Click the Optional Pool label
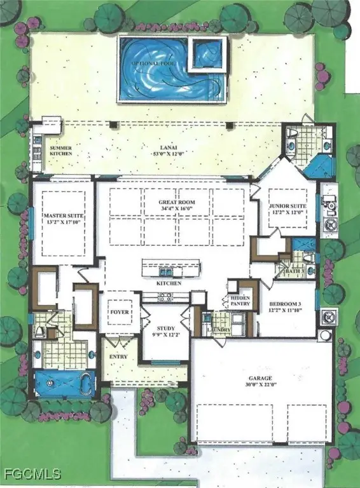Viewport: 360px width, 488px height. (x=149, y=65)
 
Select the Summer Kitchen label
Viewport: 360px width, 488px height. (x=61, y=151)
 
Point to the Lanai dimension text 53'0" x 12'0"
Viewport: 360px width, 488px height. (x=162, y=153)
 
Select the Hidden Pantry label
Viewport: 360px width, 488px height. (x=240, y=301)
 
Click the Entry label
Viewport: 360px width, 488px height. (x=119, y=357)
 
